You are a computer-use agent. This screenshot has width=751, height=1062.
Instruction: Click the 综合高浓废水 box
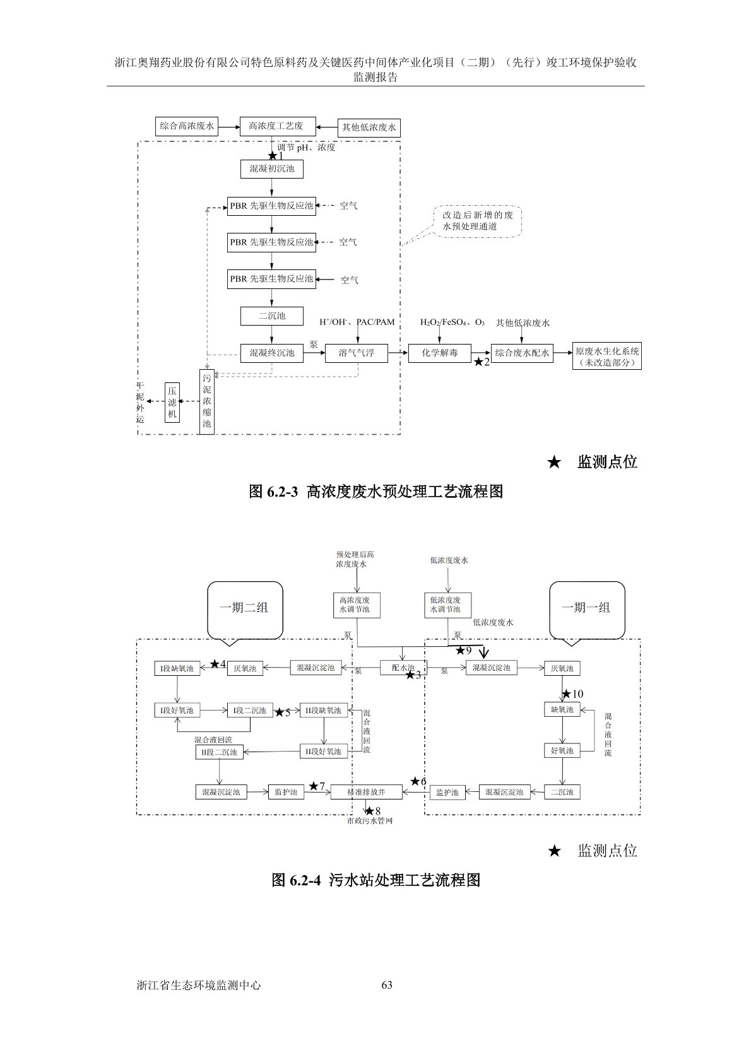(x=187, y=126)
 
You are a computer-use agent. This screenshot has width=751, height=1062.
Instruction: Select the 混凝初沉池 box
(x=271, y=169)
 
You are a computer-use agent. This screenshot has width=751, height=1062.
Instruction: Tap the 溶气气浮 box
(x=357, y=353)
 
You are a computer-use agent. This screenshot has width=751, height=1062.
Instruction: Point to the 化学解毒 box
(x=440, y=353)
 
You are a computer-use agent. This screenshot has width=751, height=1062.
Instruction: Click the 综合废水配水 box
(x=522, y=353)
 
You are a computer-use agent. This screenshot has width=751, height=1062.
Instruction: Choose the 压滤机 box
(x=172, y=401)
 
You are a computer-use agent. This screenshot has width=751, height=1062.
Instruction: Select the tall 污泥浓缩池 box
(x=207, y=401)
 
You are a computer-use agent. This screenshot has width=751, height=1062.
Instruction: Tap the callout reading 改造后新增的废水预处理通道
(x=478, y=221)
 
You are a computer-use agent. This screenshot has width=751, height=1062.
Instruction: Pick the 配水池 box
(x=403, y=668)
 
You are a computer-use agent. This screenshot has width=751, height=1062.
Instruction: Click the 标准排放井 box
(x=366, y=792)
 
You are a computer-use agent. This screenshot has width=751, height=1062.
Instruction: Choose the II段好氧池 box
(x=324, y=752)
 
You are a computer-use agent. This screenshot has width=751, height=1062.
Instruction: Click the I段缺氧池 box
(x=177, y=668)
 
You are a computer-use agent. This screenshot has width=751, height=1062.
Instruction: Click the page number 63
(x=387, y=985)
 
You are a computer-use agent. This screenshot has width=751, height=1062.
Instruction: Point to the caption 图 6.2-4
(x=376, y=880)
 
